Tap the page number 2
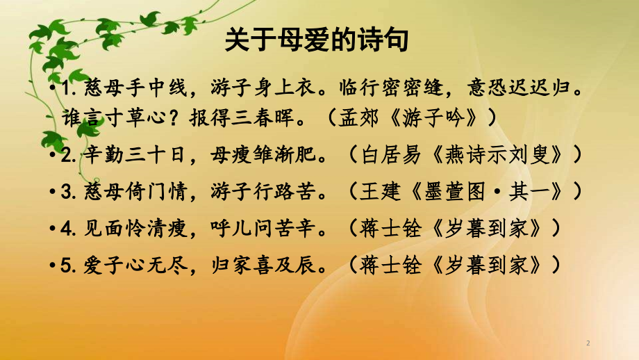[x=588, y=343]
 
